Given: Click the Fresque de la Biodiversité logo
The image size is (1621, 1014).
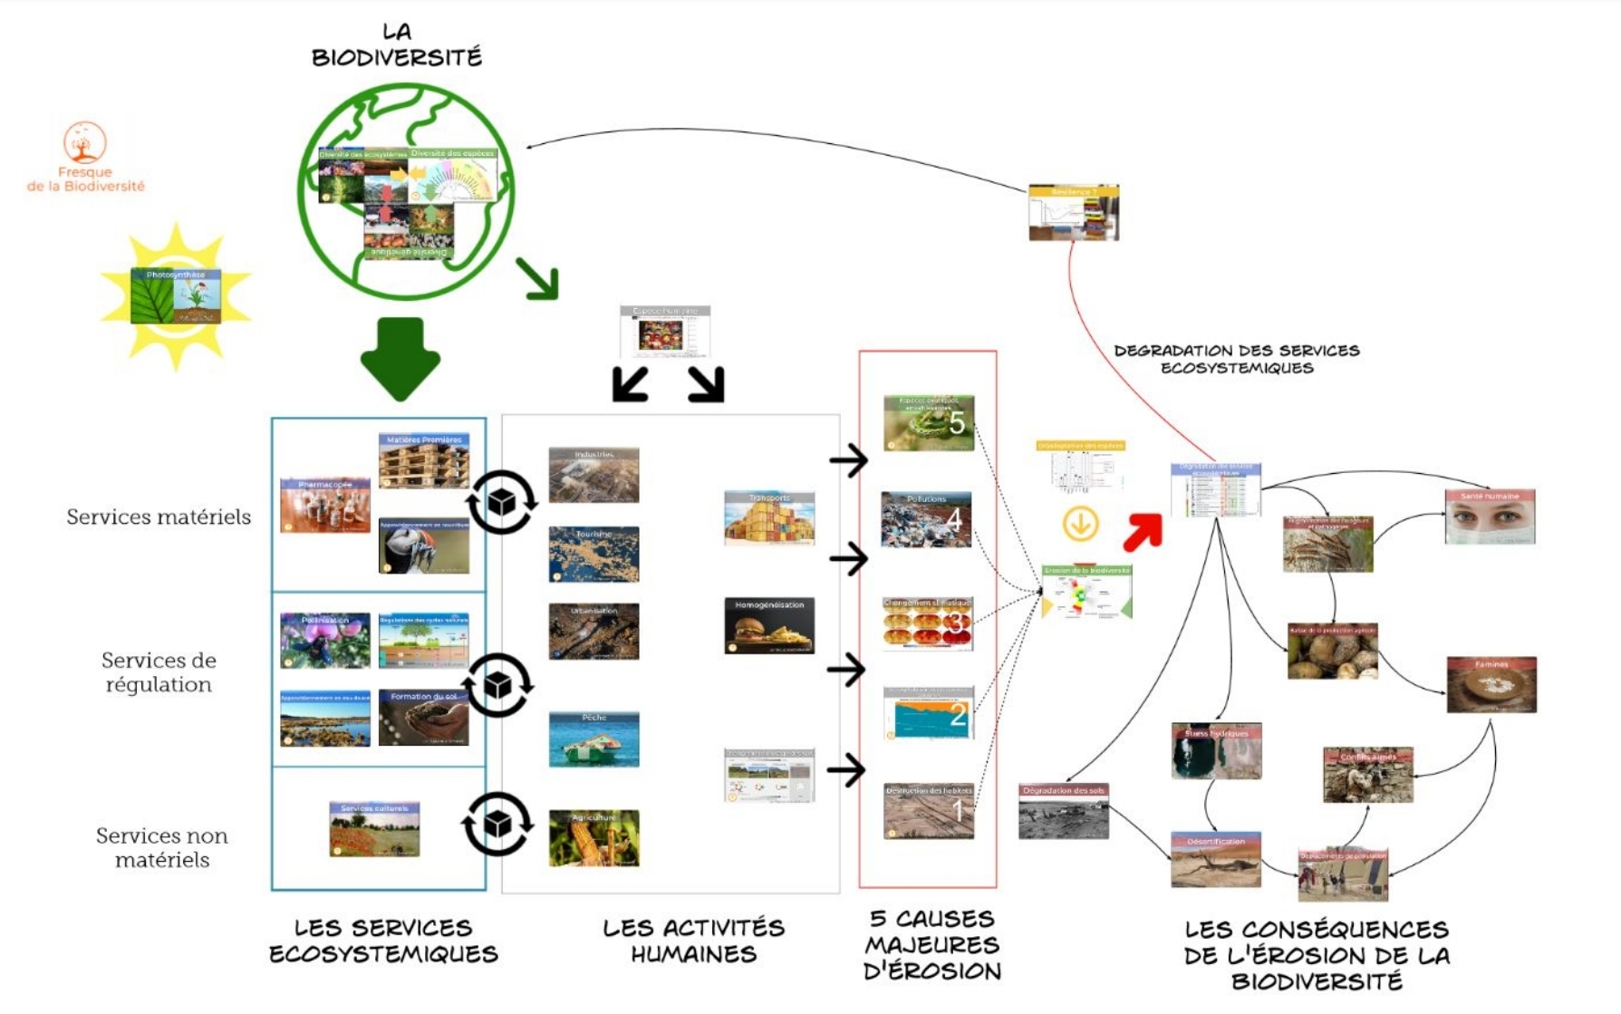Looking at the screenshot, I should pos(85,156).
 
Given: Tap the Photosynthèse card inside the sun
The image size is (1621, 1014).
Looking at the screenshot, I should pos(176,295).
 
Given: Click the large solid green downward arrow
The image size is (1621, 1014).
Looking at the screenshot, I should pos(400,358).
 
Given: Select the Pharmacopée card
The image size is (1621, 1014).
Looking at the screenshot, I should pos(325,505).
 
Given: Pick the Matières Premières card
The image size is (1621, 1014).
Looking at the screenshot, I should pos(424,460).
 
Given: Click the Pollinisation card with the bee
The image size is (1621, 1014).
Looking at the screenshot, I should pos(325,640).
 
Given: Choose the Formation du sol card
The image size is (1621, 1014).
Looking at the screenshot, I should pos(424,718).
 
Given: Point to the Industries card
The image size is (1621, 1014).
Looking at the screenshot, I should pos(593,475).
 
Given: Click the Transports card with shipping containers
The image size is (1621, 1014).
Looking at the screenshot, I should pos(769,518).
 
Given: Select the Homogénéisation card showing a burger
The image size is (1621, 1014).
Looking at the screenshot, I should pos(769,625).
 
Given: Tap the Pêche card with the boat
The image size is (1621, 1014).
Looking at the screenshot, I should pos(593,739).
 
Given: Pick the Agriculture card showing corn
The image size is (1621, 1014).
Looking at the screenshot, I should pos(593,838).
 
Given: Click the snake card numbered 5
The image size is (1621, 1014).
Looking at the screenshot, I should pos(929,422).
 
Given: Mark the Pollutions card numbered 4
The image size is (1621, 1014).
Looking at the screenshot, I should pos(926,519).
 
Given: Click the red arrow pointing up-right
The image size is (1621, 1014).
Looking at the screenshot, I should pos(1142,532).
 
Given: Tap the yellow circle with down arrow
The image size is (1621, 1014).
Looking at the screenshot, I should pos(1080,524).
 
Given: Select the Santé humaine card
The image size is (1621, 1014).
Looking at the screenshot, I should pos(1490,517).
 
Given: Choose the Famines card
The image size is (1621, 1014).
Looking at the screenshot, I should pos(1491,684).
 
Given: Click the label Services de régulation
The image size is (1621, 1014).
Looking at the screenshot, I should pos(159,672).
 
